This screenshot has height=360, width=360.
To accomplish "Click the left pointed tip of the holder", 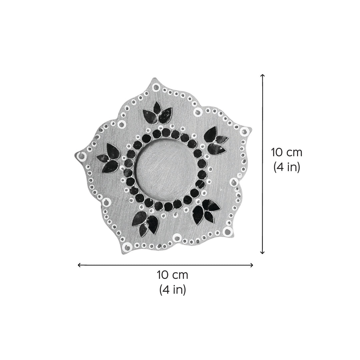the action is tap(75, 155).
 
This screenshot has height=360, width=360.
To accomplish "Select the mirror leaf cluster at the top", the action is tap(158, 113).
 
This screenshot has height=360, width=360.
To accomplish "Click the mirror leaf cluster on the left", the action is tap(108, 158).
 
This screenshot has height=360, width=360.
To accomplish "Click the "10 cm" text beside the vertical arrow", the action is tap(287, 153).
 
